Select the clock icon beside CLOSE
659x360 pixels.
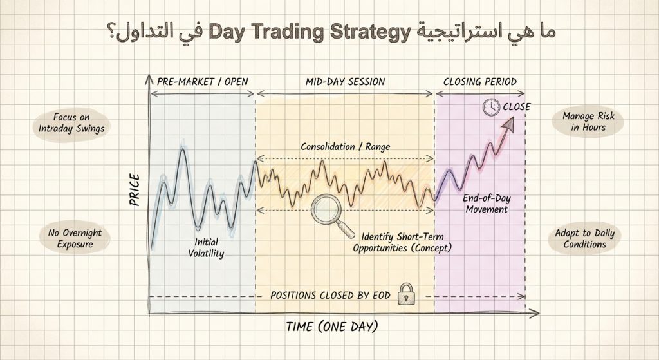[x=491, y=107]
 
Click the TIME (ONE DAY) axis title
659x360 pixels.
[x=332, y=326]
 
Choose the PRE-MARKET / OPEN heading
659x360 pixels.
[x=202, y=82]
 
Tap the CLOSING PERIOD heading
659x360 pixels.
[x=480, y=82]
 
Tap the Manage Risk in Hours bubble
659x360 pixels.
[x=584, y=122]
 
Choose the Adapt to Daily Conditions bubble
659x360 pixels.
[x=584, y=238]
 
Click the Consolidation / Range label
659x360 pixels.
[x=346, y=146]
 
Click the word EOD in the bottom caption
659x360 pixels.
[x=380, y=295]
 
